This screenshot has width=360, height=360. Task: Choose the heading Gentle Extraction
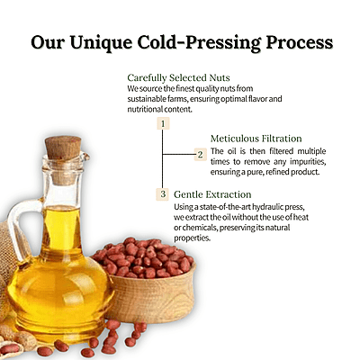tap(212, 194)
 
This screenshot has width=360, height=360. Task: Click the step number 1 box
tap(163, 121)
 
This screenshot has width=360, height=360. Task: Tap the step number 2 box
tap(200, 154)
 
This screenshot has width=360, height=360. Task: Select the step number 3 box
tap(163, 193)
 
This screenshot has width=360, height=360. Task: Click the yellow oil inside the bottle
tap(63, 270)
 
